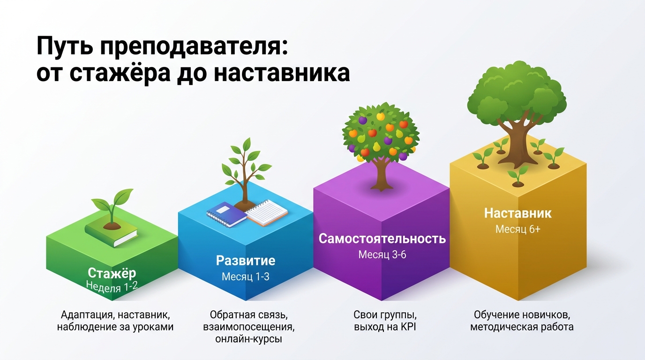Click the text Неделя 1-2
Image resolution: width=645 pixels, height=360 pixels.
[112, 285]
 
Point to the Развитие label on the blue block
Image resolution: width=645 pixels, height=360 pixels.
[246, 261]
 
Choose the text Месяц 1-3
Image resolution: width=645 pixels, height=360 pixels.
[246, 277]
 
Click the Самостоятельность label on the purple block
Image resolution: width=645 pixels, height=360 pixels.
[382, 239]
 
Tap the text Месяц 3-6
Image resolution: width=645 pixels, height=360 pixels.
[382, 255]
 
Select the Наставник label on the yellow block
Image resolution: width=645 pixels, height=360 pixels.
[518, 213]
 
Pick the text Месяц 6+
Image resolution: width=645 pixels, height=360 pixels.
[518, 230]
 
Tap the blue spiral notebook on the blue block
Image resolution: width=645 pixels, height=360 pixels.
[227, 214]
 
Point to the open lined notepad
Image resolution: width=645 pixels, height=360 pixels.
[267, 213]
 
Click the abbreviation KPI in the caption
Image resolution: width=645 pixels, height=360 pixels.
[408, 327]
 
